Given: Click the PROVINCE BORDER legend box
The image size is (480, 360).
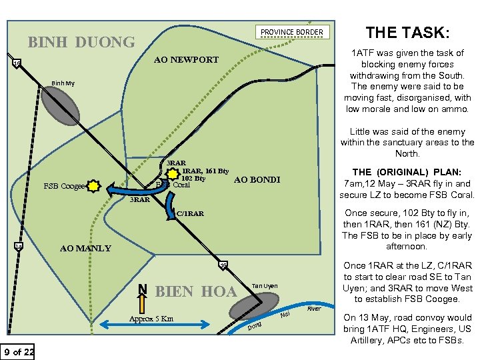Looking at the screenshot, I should point(291,32).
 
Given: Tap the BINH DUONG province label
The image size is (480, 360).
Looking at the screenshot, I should point(81,43).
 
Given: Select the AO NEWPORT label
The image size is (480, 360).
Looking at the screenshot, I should point(186,60).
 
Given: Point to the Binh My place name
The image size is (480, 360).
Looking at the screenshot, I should point(60,84).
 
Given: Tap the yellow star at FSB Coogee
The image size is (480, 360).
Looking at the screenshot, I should point(93,186).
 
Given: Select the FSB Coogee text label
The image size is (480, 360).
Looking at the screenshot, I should point(63,187).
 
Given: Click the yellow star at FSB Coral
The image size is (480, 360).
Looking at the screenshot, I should point(173,174).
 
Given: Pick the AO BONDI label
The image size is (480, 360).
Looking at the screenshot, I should point(257,180).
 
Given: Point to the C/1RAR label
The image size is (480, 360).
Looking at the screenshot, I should point(190,214).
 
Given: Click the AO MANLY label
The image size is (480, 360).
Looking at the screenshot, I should point(85,248).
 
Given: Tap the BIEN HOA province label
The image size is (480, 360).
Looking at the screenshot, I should point(195,292).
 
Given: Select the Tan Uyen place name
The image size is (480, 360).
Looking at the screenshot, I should point(265,286).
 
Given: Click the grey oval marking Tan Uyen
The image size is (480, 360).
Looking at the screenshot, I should point(247,307).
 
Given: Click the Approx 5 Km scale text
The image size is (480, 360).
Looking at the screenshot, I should point(151,319).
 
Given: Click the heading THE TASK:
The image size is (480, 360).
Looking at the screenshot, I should point(408,32).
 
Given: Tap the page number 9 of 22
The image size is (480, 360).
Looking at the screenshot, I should point(19,351).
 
